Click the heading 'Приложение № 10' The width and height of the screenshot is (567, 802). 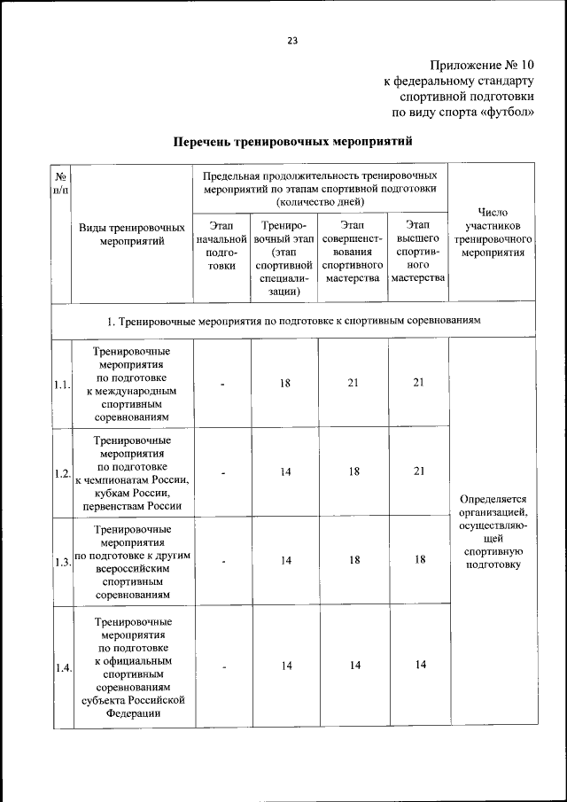click(483, 65)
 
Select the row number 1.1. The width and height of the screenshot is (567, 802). click(61, 384)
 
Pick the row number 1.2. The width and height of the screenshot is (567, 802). click(61, 473)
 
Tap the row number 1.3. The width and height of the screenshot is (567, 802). click(61, 562)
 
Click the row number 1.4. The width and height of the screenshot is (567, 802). click(61, 667)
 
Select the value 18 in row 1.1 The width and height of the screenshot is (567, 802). click(286, 383)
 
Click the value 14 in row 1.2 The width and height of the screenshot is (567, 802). click(286, 472)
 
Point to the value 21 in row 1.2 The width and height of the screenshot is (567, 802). click(418, 472)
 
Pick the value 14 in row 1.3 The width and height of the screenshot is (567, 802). click(286, 560)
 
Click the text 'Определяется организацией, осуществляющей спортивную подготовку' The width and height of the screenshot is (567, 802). click(492, 531)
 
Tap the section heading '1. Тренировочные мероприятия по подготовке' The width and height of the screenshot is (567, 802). click(293, 320)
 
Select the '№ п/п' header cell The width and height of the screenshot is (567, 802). click(61, 185)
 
